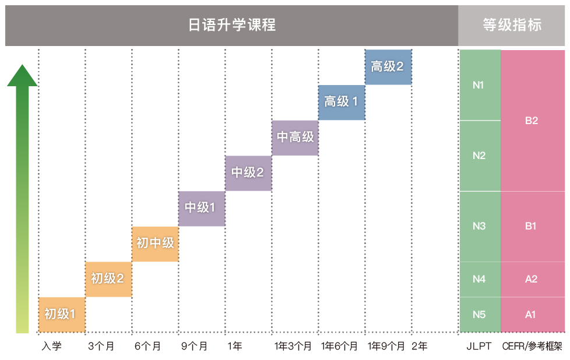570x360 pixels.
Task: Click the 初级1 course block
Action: (x=62, y=315)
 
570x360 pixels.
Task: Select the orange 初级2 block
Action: (x=108, y=279)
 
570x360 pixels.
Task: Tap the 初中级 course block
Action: (x=155, y=243)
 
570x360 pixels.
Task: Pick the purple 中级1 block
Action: (x=202, y=208)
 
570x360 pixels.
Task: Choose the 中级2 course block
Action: (x=248, y=173)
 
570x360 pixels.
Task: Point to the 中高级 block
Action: (x=295, y=137)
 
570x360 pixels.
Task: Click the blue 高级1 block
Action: (x=342, y=102)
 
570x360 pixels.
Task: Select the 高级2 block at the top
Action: (x=388, y=67)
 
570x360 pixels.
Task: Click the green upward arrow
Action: (x=22, y=198)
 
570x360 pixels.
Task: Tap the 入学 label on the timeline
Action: (x=51, y=346)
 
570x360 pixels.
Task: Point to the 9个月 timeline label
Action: (x=195, y=346)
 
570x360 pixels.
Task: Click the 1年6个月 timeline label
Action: (x=340, y=346)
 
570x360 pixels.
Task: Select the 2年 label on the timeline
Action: (x=419, y=346)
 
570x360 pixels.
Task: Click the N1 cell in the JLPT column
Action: (x=479, y=85)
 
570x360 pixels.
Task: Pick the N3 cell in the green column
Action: (x=479, y=226)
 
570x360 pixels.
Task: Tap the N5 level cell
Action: (x=479, y=315)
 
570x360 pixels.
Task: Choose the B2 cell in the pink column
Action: (x=532, y=121)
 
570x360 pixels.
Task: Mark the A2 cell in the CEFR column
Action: (x=532, y=279)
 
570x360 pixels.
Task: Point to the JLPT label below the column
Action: (x=479, y=346)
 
